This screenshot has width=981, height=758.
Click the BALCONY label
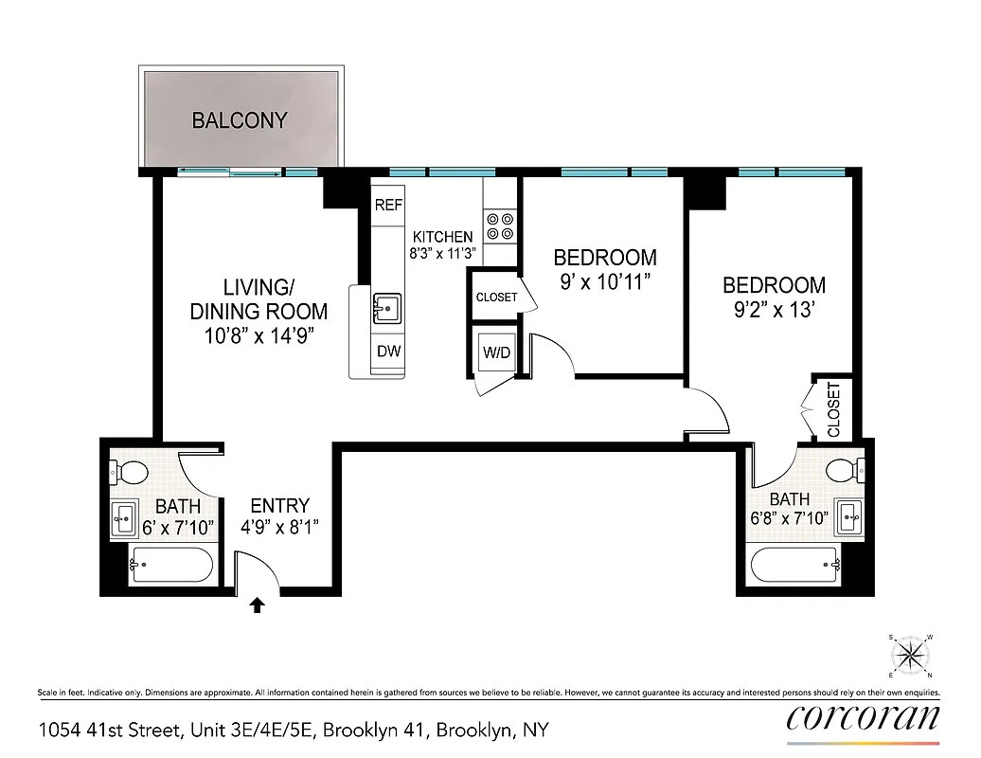pos(240,120)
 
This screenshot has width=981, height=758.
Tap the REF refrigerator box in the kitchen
pos(388,206)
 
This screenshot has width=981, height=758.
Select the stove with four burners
pos(500,226)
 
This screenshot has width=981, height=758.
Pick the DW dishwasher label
pos(388,352)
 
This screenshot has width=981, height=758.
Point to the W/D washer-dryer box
pos(497,352)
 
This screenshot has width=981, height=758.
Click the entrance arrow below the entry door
pos(256,605)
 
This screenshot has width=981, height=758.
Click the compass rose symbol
pos(912,655)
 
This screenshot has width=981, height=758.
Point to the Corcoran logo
pos(864,717)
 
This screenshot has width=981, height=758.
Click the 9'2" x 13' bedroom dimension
pos(774,310)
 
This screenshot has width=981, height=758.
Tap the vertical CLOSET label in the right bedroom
pos(834,409)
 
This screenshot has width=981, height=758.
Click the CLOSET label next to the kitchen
pos(497,297)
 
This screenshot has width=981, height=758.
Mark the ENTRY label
pos(279,506)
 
